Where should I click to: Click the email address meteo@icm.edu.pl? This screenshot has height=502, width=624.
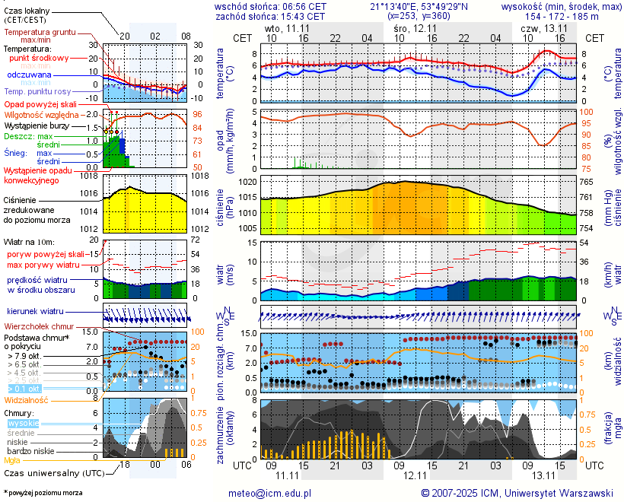coord(270,493)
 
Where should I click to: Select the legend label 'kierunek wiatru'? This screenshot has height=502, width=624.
coord(35,312)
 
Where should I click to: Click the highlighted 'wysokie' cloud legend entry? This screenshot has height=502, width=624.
coord(23,423)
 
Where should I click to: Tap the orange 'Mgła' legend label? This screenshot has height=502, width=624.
coord(12,460)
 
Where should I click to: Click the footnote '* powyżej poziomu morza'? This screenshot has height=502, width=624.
coord(43,493)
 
